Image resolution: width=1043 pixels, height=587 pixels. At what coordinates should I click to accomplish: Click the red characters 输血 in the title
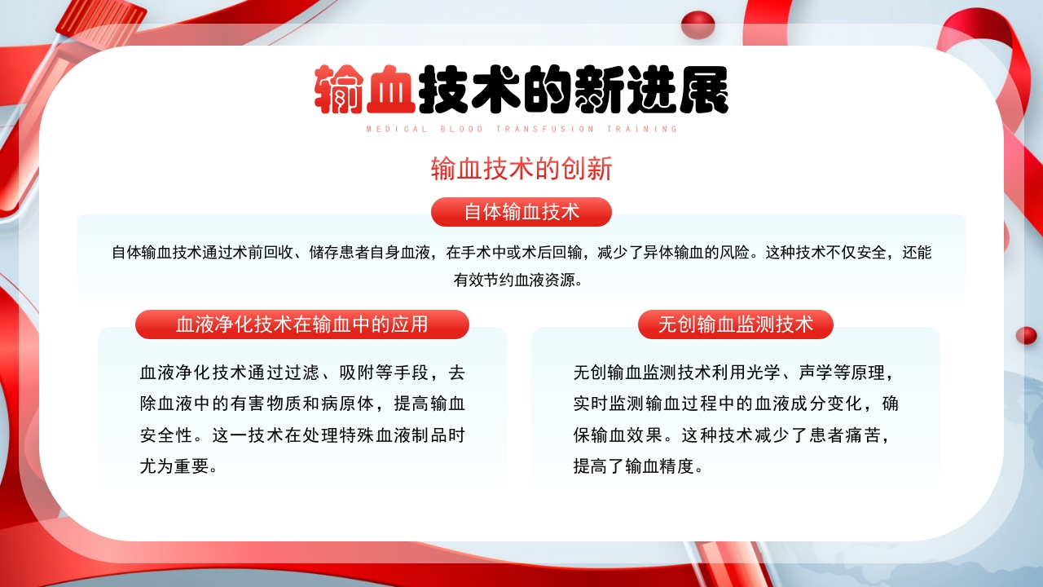[365, 89]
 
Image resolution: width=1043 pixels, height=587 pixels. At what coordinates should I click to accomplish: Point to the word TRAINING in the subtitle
[643, 129]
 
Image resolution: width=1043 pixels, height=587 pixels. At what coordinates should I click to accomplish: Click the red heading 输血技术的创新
[521, 169]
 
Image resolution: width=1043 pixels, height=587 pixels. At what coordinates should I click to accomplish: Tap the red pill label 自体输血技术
[521, 212]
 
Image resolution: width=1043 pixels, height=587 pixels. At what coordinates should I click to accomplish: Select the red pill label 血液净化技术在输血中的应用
[302, 324]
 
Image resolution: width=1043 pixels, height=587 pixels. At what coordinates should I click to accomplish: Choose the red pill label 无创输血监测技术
[736, 324]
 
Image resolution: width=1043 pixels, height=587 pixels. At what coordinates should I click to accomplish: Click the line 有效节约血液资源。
[521, 280]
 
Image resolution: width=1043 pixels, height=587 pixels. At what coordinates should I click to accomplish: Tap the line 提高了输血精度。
[638, 466]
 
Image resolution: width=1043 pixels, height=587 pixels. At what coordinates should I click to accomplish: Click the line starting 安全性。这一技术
[302, 435]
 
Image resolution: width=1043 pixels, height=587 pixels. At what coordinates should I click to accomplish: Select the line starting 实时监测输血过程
[736, 404]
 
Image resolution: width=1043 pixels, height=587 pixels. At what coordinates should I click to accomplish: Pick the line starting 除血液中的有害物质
[302, 404]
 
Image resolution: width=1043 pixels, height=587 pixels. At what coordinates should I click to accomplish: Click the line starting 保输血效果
[730, 435]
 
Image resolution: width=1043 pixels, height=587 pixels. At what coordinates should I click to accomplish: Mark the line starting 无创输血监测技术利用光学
[733, 373]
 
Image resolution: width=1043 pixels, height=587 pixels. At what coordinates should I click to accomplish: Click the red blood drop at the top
[698, 25]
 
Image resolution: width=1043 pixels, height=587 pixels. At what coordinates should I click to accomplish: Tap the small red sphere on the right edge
[1026, 335]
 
